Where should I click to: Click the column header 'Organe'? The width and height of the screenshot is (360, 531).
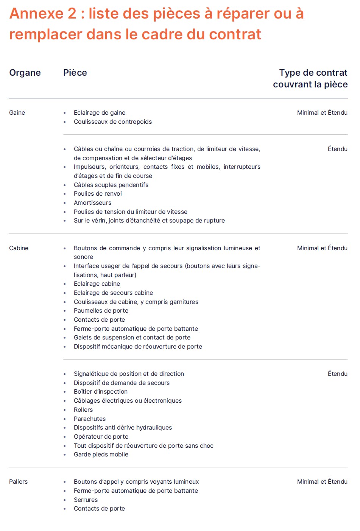pos(25,73)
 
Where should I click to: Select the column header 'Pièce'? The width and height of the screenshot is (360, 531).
pos(75,73)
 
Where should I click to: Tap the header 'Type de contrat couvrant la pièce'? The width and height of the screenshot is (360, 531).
pos(310,78)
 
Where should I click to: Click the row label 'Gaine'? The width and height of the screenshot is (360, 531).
pos(17,113)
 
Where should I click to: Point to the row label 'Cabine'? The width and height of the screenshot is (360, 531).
pos(19,248)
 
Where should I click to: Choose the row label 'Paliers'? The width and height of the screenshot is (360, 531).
pos(19,482)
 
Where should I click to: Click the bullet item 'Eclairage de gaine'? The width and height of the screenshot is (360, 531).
pos(100,113)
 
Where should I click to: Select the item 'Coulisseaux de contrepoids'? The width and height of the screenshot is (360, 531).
pos(113,122)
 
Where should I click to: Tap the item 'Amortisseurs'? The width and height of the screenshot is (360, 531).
pos(92,203)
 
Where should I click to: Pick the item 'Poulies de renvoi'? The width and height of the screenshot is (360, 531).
pos(98,194)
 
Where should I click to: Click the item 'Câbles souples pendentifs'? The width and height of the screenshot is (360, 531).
pos(111,185)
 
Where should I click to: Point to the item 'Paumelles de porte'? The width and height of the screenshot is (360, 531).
pos(101,311)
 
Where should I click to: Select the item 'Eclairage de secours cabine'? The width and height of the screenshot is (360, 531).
pos(113,293)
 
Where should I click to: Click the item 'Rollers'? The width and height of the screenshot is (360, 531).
pos(83,410)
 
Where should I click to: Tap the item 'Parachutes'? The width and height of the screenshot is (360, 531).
pos(90,419)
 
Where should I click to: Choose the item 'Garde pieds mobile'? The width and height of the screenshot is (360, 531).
pos(101,455)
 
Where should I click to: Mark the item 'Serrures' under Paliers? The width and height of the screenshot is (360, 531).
pos(86,500)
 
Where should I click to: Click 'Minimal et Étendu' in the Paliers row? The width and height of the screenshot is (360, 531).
pos(322,482)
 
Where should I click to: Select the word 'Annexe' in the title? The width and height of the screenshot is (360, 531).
pos(37,14)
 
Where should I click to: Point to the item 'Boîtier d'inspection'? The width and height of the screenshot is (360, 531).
pos(101,392)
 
